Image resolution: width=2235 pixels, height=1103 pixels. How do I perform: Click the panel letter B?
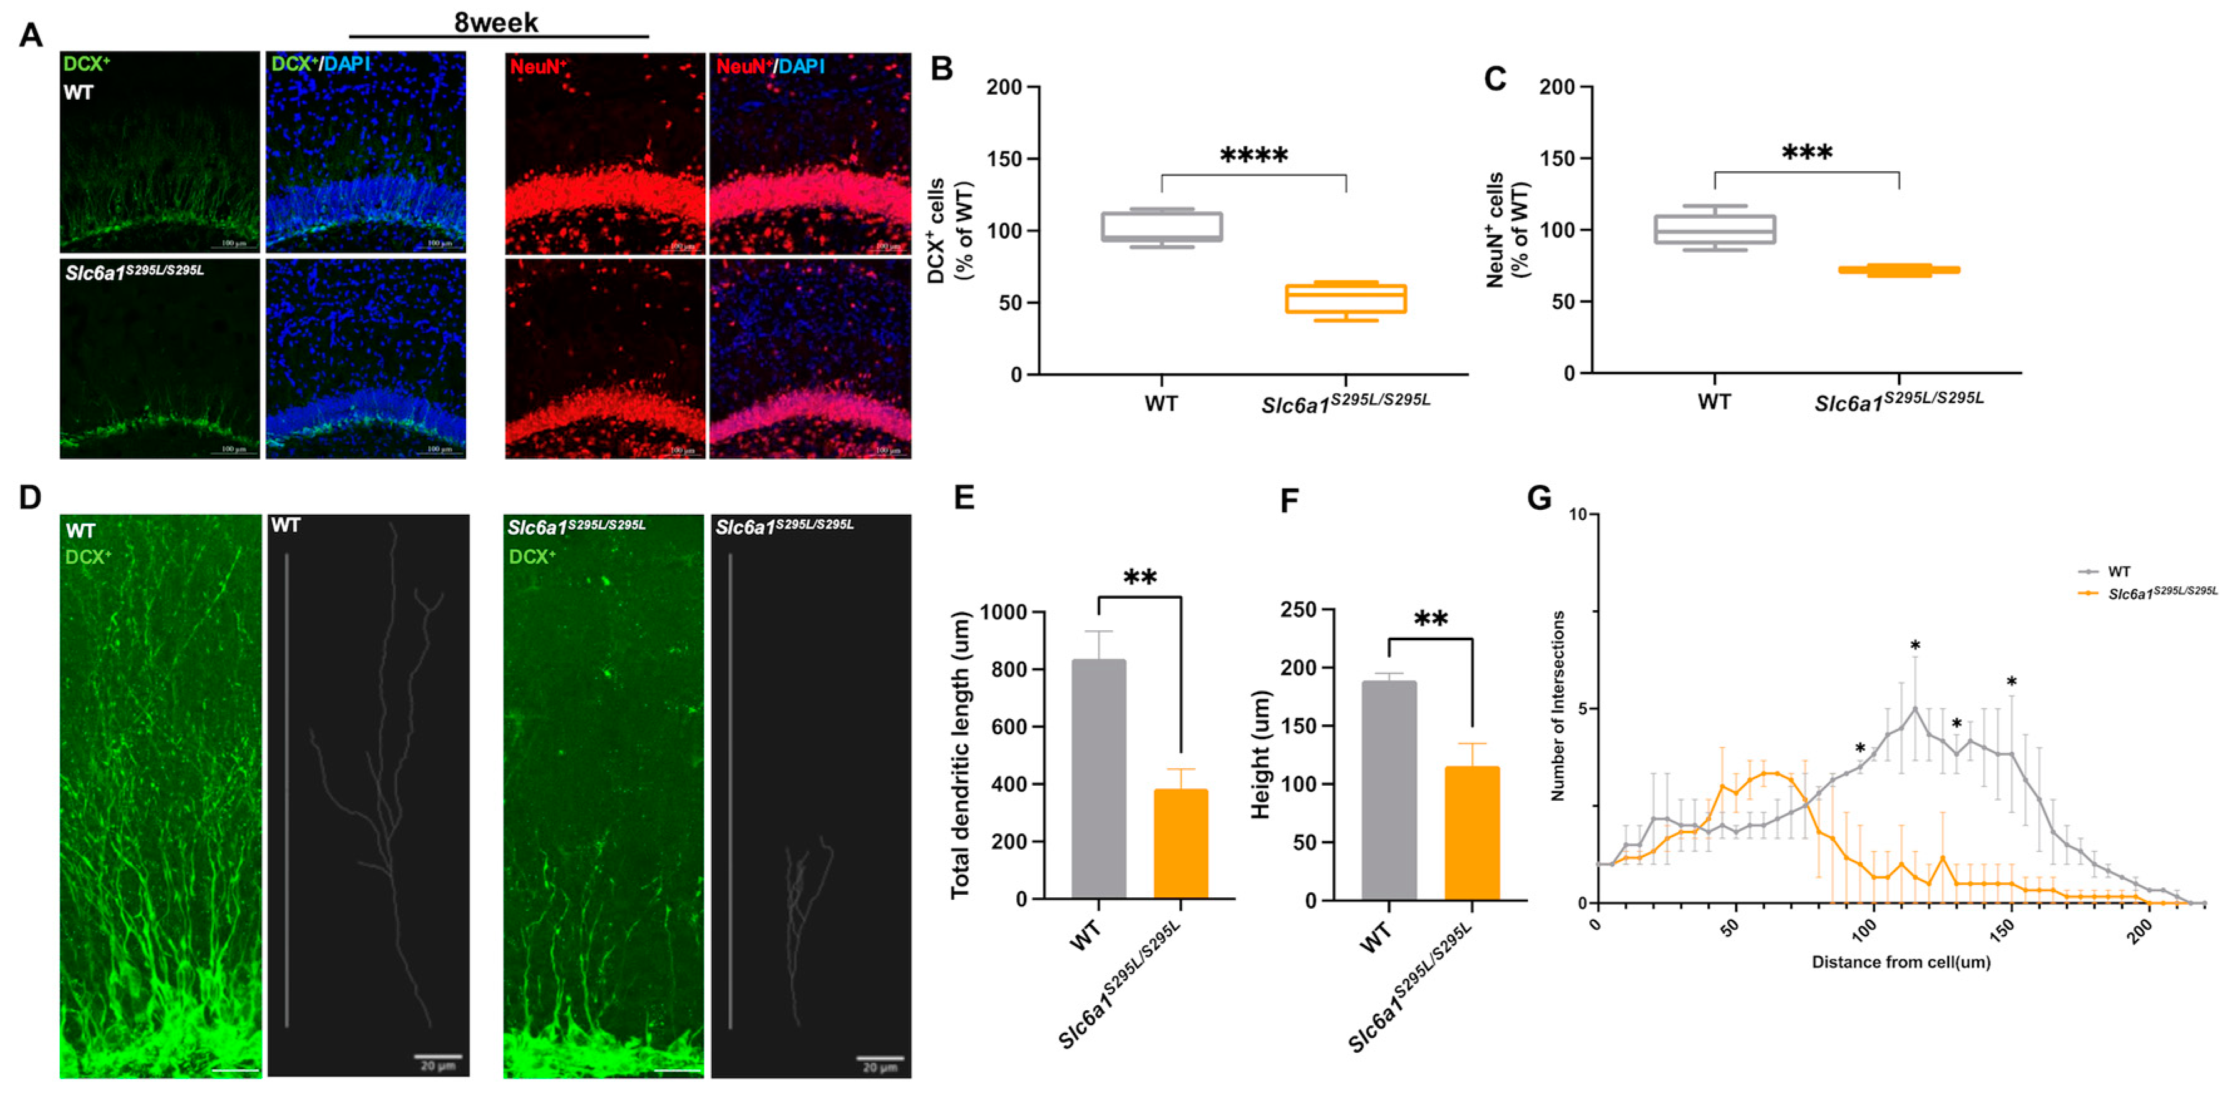[942, 70]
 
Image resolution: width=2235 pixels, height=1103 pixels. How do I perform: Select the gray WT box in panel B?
[1161, 226]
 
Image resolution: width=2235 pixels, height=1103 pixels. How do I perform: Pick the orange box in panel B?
[1345, 298]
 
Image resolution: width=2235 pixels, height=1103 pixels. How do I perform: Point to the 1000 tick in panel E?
[1003, 613]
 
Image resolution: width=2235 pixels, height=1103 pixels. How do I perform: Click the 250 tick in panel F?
[1298, 610]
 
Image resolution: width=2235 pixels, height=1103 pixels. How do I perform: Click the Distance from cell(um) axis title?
[1900, 961]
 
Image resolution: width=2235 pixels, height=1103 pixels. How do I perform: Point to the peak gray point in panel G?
[1914, 709]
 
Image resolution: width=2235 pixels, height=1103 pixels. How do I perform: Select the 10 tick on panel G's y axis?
[1577, 515]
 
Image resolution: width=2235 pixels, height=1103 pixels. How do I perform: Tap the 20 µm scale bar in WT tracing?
[438, 1058]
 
